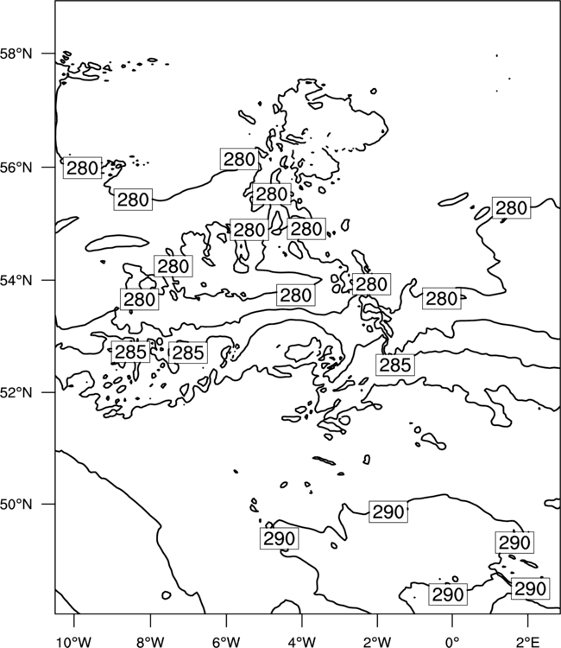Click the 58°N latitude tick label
pyautogui.click(x=16, y=54)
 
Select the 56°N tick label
pyautogui.click(x=16, y=168)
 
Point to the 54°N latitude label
pyautogui.click(x=16, y=280)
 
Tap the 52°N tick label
pyautogui.click(x=16, y=391)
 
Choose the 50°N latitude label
pyautogui.click(x=16, y=505)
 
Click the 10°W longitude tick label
pyautogui.click(x=74, y=642)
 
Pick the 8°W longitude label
pyautogui.click(x=150, y=642)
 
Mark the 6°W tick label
pyautogui.click(x=226, y=642)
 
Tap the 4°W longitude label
pyautogui.click(x=302, y=642)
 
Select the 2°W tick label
pyautogui.click(x=377, y=642)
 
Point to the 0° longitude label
pyautogui.click(x=452, y=642)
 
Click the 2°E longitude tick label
pyautogui.click(x=528, y=642)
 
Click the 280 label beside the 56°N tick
pyautogui.click(x=82, y=168)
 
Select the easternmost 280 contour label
pyautogui.click(x=512, y=208)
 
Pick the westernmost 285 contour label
pyautogui.click(x=130, y=353)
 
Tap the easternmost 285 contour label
pyautogui.click(x=395, y=365)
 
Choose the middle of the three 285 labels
pyautogui.click(x=188, y=353)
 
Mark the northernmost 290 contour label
pyautogui.click(x=388, y=511)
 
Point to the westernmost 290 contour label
pyautogui.click(x=279, y=538)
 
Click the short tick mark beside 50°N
pyautogui.click(x=47, y=505)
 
